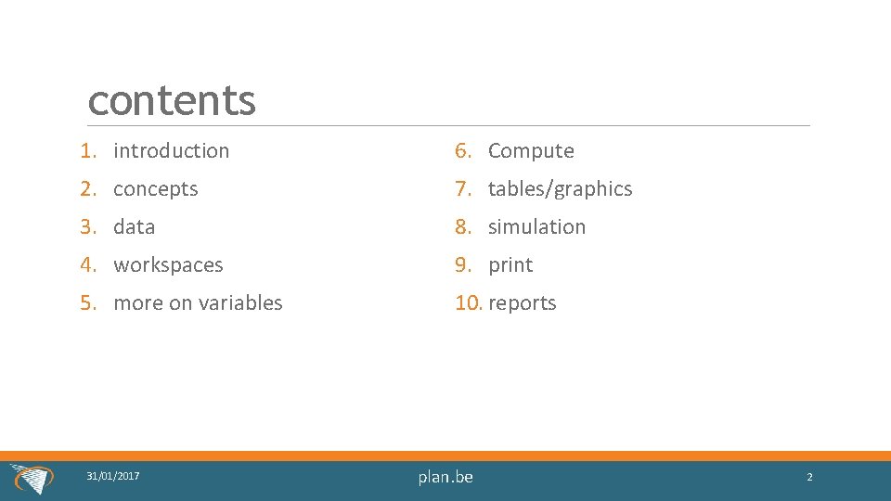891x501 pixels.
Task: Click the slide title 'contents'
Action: (x=172, y=100)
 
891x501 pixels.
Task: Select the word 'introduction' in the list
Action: (x=171, y=150)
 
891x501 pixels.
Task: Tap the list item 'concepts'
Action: (x=155, y=189)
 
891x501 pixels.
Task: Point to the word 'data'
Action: (x=134, y=226)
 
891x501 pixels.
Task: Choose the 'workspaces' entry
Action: (x=168, y=265)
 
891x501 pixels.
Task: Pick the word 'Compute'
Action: (x=531, y=150)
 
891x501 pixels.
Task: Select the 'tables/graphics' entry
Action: (x=560, y=189)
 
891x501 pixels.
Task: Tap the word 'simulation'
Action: (x=536, y=226)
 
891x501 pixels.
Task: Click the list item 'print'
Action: (x=510, y=265)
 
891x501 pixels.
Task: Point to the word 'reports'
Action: (x=522, y=303)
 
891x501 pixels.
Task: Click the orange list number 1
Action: (x=87, y=150)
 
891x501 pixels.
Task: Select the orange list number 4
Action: (x=87, y=265)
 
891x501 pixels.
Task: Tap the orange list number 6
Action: (x=463, y=150)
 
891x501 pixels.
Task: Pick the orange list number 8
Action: (x=463, y=226)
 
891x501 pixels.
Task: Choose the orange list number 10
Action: (x=468, y=303)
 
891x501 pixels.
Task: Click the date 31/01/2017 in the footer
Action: (x=113, y=476)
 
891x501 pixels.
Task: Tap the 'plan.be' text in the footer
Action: (x=445, y=477)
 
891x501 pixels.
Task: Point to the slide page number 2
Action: (x=809, y=477)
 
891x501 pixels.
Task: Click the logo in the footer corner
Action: (x=33, y=479)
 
